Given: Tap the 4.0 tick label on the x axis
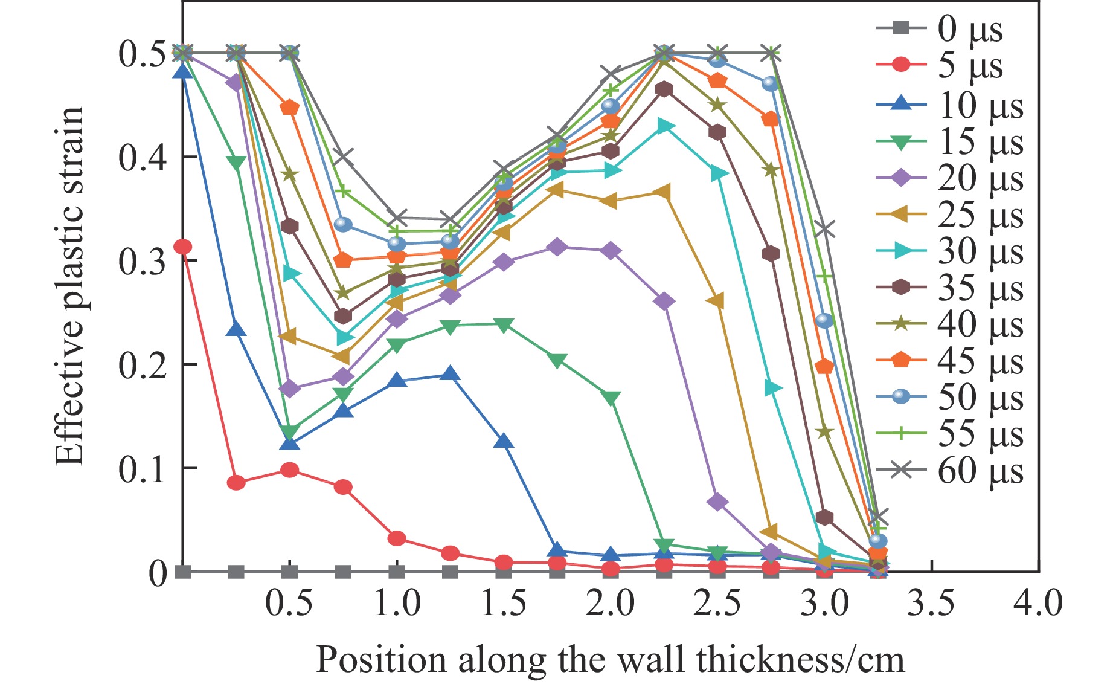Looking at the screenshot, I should [x=1038, y=603].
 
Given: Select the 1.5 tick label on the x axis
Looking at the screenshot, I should [x=504, y=603].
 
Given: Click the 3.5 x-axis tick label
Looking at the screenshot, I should [x=931, y=603].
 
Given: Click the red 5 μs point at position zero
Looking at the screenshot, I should [x=182, y=247].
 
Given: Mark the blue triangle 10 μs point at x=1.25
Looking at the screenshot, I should [x=450, y=374].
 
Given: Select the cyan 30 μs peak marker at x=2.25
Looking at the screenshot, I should [x=664, y=126].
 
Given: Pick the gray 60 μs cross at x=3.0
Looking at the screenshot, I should [x=824, y=230].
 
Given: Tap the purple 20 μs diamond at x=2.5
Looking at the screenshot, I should [x=717, y=502].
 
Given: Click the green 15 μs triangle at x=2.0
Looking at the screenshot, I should [x=611, y=399].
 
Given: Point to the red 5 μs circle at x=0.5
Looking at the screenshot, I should [x=290, y=470].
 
